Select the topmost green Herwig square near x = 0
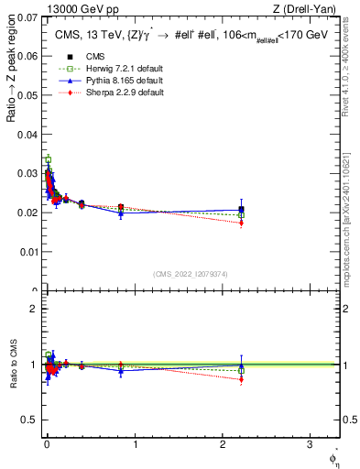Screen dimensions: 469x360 click(x=48, y=159)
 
